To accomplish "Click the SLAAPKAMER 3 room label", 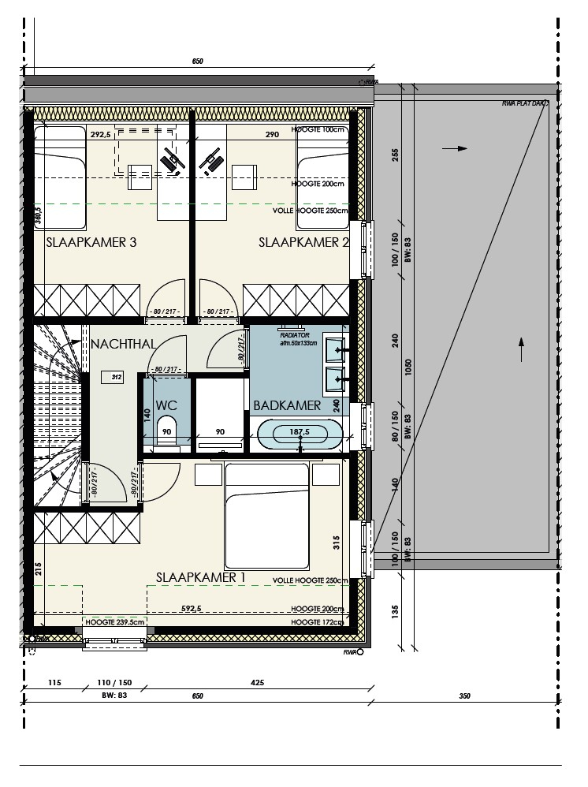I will (91, 243).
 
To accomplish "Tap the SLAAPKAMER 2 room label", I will (303, 243).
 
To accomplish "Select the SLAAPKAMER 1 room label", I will (201, 577).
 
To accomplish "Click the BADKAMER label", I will (287, 405).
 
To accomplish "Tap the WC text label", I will (166, 405).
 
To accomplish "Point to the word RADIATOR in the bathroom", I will (295, 334).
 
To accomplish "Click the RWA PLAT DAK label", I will (525, 103).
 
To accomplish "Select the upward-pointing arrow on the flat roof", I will (520, 348).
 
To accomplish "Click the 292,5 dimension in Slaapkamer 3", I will (100, 135).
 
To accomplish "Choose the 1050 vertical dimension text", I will (408, 371).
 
